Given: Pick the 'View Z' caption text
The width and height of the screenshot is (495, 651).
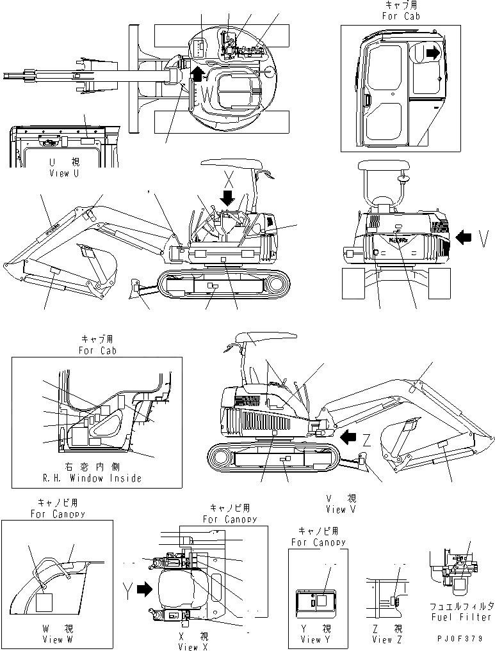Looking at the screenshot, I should point(382,639).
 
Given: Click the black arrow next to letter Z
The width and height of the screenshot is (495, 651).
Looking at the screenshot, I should point(348,437).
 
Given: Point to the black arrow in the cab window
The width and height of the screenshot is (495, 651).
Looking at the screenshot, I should point(433,54).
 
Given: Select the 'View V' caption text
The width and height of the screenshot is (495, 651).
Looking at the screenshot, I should point(345,510).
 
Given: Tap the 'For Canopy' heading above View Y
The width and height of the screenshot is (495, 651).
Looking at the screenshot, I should point(318,542).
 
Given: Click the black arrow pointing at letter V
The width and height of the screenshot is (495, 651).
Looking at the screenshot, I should point(462,239).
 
